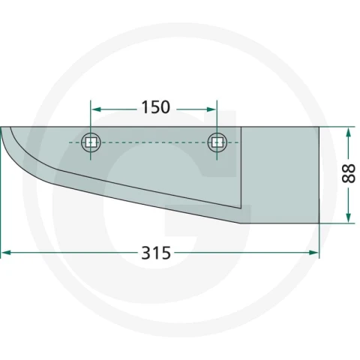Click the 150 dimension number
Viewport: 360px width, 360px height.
coord(156,107)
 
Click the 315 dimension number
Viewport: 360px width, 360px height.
coord(156,253)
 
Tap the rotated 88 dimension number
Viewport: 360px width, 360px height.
coord(348,174)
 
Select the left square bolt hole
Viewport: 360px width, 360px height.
coord(91,142)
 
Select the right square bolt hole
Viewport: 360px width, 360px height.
coord(217,142)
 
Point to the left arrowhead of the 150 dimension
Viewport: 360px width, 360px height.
coord(96,109)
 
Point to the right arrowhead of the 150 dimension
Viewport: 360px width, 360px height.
coord(211,109)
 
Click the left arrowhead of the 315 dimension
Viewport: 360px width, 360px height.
coord(7,253)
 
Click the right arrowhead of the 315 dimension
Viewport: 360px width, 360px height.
coord(313,253)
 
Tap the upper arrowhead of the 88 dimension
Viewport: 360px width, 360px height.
coord(349,133)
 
